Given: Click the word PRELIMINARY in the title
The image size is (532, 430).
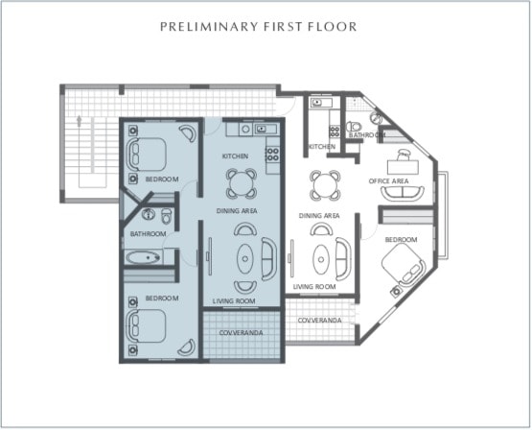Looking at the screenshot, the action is [x=209, y=27].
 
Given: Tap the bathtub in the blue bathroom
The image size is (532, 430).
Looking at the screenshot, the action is [x=144, y=257].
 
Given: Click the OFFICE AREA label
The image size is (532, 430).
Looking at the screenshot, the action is [x=388, y=181].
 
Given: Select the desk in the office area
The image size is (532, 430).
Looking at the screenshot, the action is [x=403, y=166].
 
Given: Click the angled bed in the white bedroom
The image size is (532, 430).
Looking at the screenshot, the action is [x=403, y=265].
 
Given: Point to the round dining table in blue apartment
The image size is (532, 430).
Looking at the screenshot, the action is [x=242, y=183].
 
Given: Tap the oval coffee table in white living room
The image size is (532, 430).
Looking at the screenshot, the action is [x=321, y=259].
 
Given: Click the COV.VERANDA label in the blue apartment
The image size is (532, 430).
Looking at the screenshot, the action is [x=241, y=332].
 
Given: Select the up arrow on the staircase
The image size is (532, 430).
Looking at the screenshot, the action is [x=80, y=121].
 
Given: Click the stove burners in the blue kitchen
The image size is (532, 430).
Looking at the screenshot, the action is [x=272, y=154].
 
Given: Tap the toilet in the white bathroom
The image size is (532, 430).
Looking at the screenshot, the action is [x=353, y=127].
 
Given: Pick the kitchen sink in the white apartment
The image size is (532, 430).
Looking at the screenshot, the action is [x=319, y=102].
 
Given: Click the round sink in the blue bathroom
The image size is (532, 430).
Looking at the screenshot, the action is [x=149, y=214].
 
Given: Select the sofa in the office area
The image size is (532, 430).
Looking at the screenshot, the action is [x=403, y=194].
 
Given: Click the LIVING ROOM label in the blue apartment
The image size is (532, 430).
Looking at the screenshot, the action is [x=234, y=301].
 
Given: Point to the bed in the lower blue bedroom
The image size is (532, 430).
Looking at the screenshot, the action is [x=146, y=325].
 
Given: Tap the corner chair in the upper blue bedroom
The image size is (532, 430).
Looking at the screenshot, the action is [x=188, y=132].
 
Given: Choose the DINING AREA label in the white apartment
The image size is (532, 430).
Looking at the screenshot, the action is [x=319, y=216].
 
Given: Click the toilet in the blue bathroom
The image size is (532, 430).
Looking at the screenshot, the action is [x=166, y=216].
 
